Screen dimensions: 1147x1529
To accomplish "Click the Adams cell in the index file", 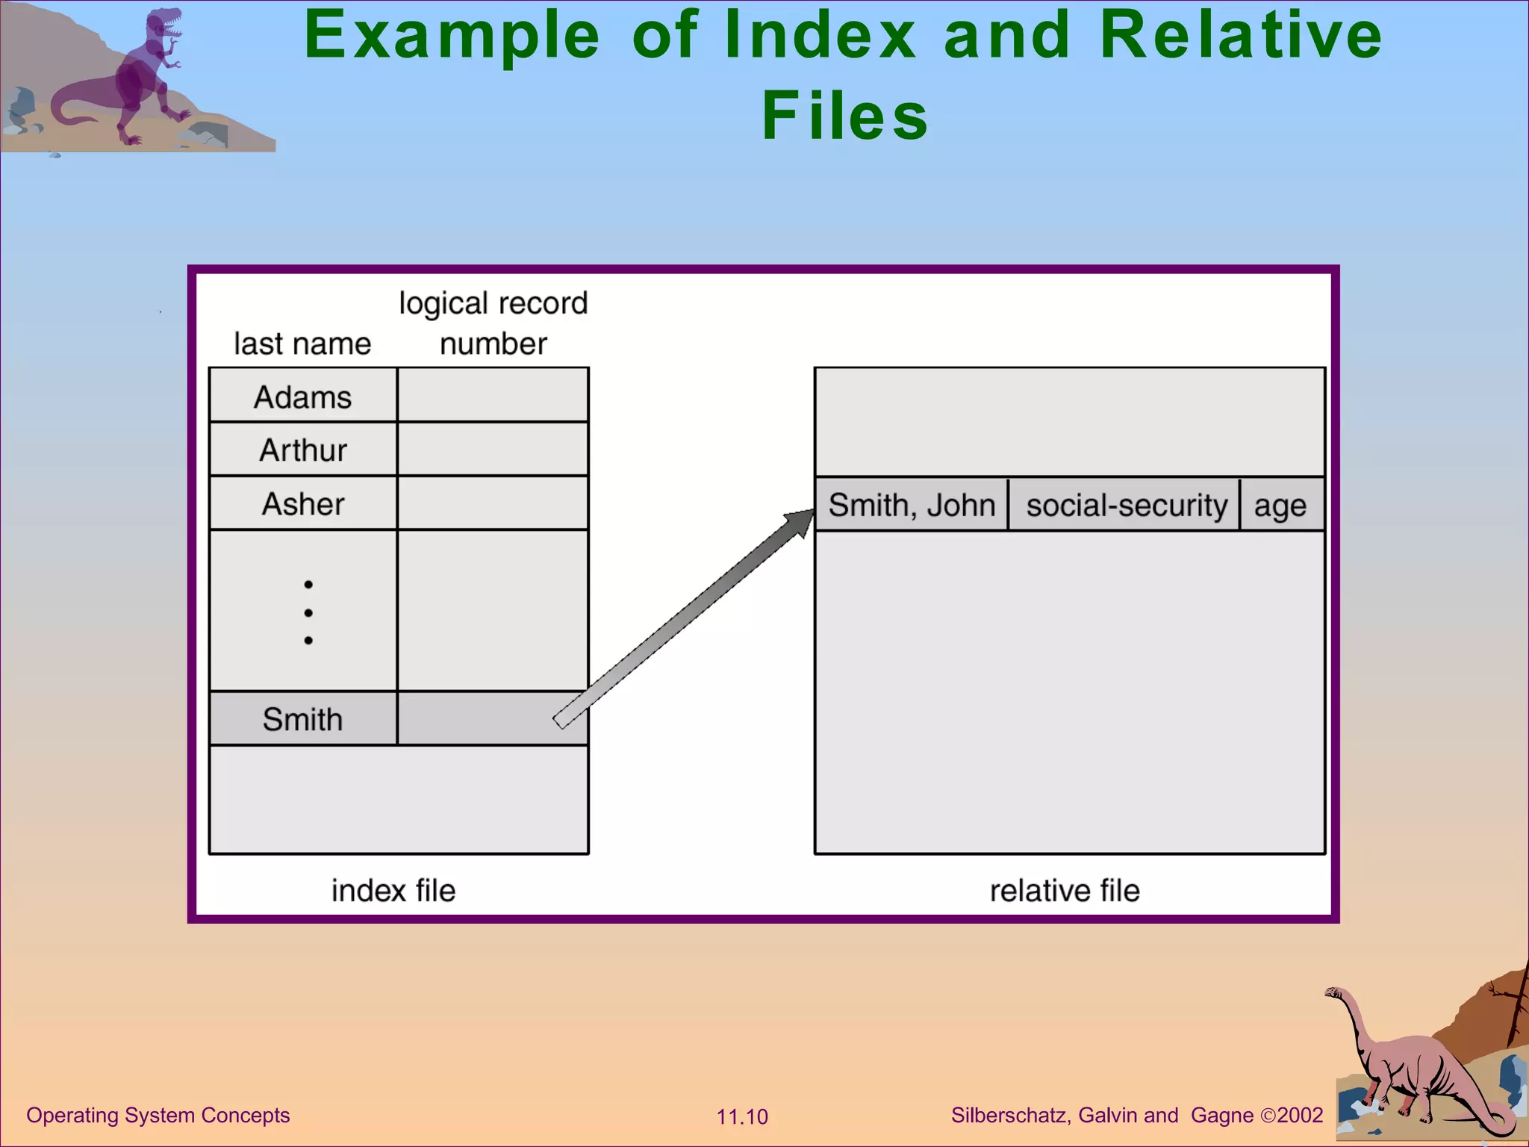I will click(302, 397).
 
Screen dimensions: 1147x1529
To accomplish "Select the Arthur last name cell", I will click(302, 450).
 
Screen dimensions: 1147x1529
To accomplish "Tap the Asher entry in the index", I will click(302, 504).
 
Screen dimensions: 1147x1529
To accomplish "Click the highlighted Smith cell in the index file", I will click(302, 719).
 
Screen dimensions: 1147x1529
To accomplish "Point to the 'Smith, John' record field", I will click(912, 506).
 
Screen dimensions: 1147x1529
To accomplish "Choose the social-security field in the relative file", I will click(1126, 506).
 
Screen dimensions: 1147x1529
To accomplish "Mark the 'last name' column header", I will click(302, 344).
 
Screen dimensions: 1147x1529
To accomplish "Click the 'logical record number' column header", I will click(493, 323).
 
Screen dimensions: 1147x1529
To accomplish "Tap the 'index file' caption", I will click(393, 890).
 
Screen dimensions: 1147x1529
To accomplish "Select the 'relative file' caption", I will click(1065, 890).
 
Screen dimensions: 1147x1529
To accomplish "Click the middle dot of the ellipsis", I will click(308, 612).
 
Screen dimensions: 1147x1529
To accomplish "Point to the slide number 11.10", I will click(742, 1116).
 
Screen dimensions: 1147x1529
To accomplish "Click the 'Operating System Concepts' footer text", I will click(158, 1115).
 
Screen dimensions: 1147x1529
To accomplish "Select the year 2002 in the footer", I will click(1300, 1115).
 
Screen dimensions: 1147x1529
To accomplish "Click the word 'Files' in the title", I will click(844, 116).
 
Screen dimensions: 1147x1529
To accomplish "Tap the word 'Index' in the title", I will click(820, 35).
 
